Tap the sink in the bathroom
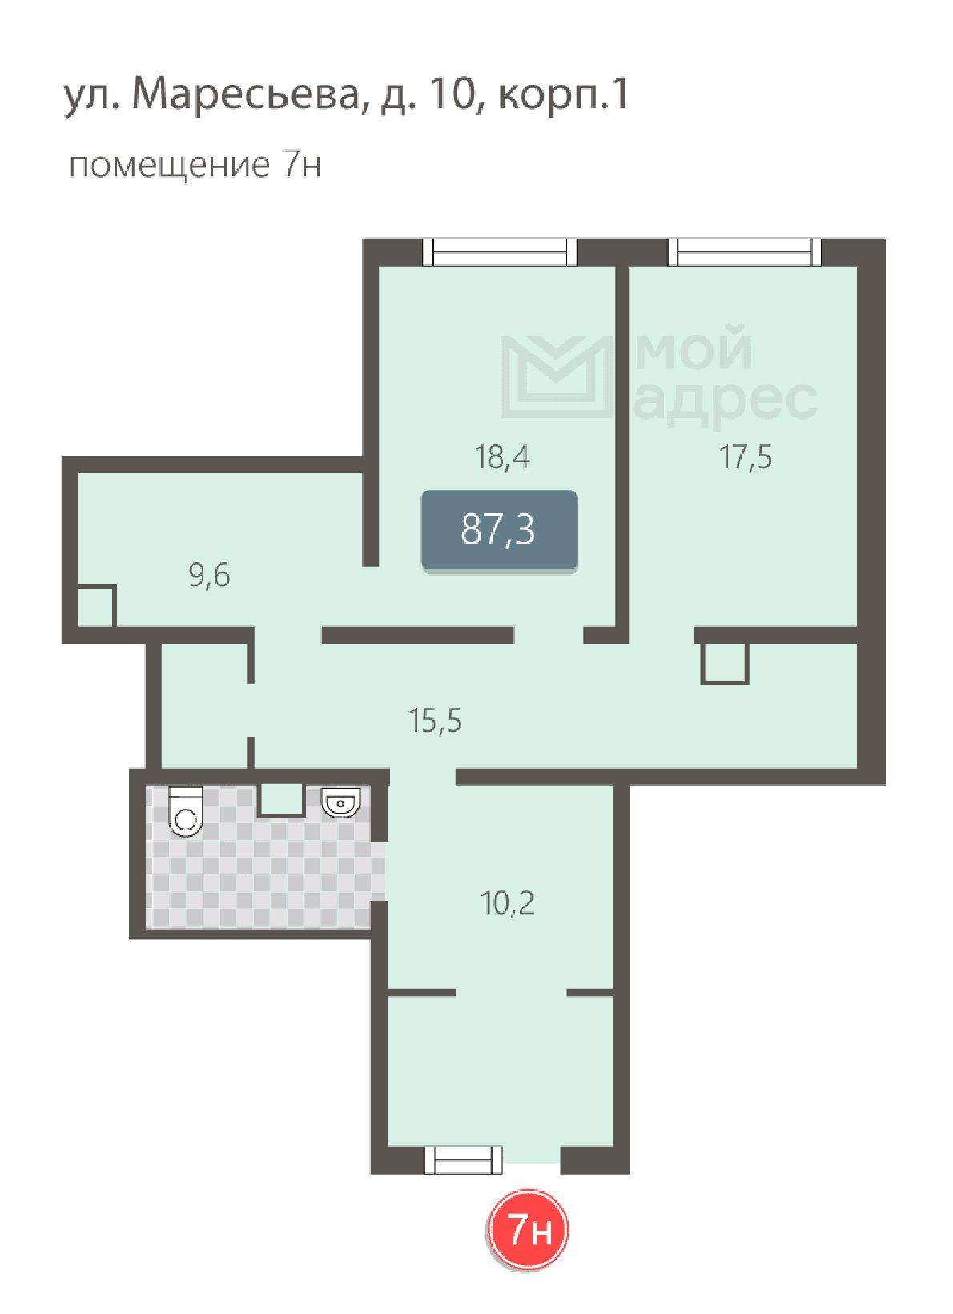[341, 802]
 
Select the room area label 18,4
[502, 457]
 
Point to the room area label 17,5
[746, 457]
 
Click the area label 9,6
[209, 575]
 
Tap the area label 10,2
[508, 902]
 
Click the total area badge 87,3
[500, 530]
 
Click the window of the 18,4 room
[500, 252]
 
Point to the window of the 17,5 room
[745, 252]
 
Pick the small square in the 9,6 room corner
[97, 605]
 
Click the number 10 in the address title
[451, 95]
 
